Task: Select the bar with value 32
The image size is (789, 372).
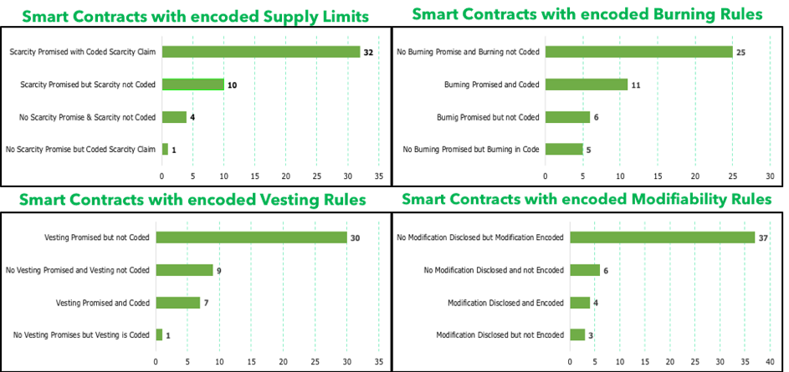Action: click(260, 52)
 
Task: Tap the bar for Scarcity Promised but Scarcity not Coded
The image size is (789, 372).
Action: click(192, 84)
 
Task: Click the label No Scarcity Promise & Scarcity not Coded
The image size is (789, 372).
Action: click(88, 117)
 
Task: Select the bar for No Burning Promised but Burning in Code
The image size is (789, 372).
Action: click(563, 149)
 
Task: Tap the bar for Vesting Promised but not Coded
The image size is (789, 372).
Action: click(251, 237)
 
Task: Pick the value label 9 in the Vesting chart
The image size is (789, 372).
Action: click(218, 270)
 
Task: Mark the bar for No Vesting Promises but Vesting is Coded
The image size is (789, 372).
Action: click(159, 334)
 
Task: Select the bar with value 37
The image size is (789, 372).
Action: click(662, 237)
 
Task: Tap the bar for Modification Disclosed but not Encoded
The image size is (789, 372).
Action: click(576, 334)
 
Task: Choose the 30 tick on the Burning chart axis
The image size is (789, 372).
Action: click(770, 176)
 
